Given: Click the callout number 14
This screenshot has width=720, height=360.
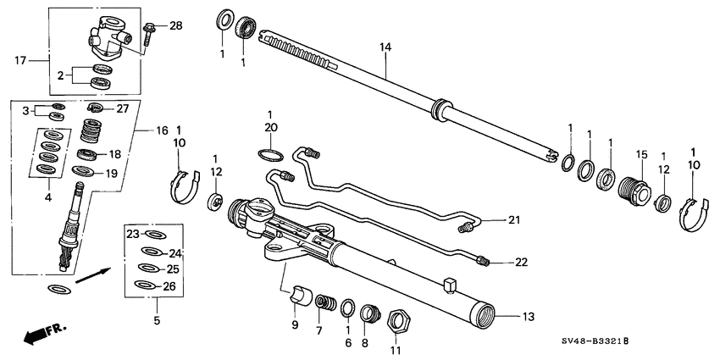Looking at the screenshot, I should coord(385,48).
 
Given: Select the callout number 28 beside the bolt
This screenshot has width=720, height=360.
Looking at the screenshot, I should coord(175,26).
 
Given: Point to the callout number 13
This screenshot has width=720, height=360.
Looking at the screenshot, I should coord(528,317).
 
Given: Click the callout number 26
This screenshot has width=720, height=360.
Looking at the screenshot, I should coord(169,285).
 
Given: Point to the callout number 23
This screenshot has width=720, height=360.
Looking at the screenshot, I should coord(132,233).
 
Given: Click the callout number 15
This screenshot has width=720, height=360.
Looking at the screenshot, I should coord(641,154).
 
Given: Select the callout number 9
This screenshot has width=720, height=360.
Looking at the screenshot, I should coord(295,324).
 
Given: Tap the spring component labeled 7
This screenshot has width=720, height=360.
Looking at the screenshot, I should coord(323,302).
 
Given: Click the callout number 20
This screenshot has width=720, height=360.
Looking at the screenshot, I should coord(270,127).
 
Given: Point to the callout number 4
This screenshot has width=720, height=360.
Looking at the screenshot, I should coord(48,197).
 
